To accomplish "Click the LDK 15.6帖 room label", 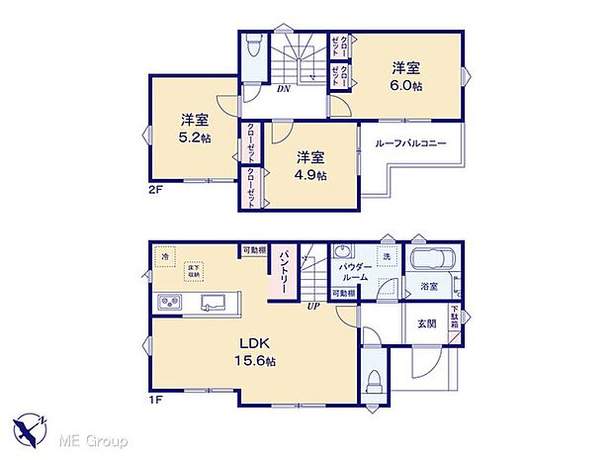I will [x=255, y=352].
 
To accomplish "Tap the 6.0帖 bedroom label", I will [x=405, y=76].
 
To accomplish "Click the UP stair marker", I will [x=313, y=304].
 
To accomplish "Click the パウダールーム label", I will [x=354, y=272].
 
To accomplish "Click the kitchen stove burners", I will [x=167, y=302].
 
